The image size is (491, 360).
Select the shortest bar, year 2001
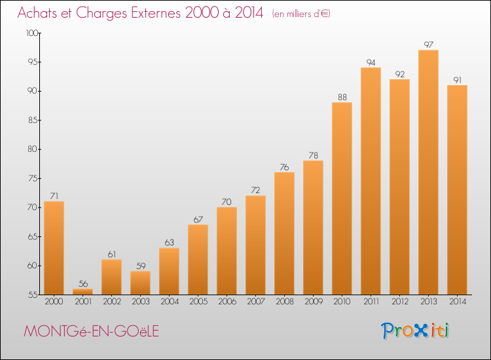82,292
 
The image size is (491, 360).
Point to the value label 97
428,45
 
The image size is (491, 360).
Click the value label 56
82,283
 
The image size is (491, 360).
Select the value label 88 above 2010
342,97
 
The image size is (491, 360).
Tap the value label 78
313,155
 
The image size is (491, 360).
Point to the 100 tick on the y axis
32,33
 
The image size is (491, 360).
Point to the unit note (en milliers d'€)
300,14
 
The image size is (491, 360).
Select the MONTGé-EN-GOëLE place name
91,331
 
